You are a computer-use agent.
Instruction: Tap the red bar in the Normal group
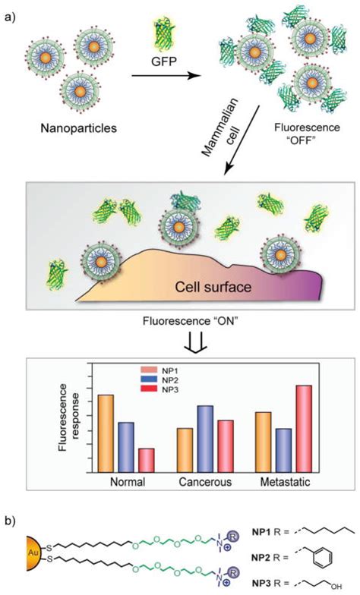[147, 460]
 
